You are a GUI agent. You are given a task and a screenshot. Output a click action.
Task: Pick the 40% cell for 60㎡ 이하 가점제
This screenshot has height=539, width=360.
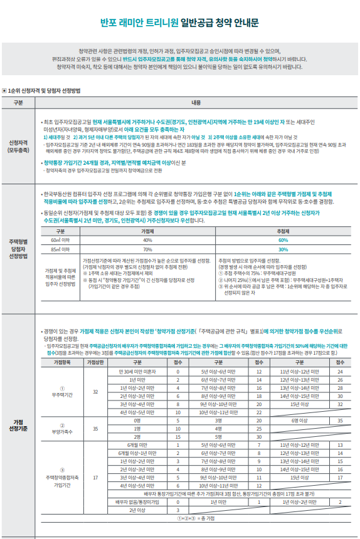click(x=147, y=240)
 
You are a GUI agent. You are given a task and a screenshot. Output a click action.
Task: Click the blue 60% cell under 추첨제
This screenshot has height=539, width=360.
click(x=283, y=240)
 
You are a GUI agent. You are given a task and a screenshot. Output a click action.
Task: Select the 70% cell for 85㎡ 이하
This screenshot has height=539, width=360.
click(x=147, y=249)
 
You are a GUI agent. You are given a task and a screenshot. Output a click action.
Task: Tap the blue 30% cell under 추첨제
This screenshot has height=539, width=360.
click(x=283, y=249)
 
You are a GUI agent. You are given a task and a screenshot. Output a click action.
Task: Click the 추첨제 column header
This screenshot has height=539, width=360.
click(x=283, y=231)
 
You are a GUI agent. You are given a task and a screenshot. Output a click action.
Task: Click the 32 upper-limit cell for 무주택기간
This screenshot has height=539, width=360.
click(x=95, y=392)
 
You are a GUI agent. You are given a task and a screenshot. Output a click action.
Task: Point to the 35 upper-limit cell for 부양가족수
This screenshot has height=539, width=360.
click(x=95, y=429)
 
